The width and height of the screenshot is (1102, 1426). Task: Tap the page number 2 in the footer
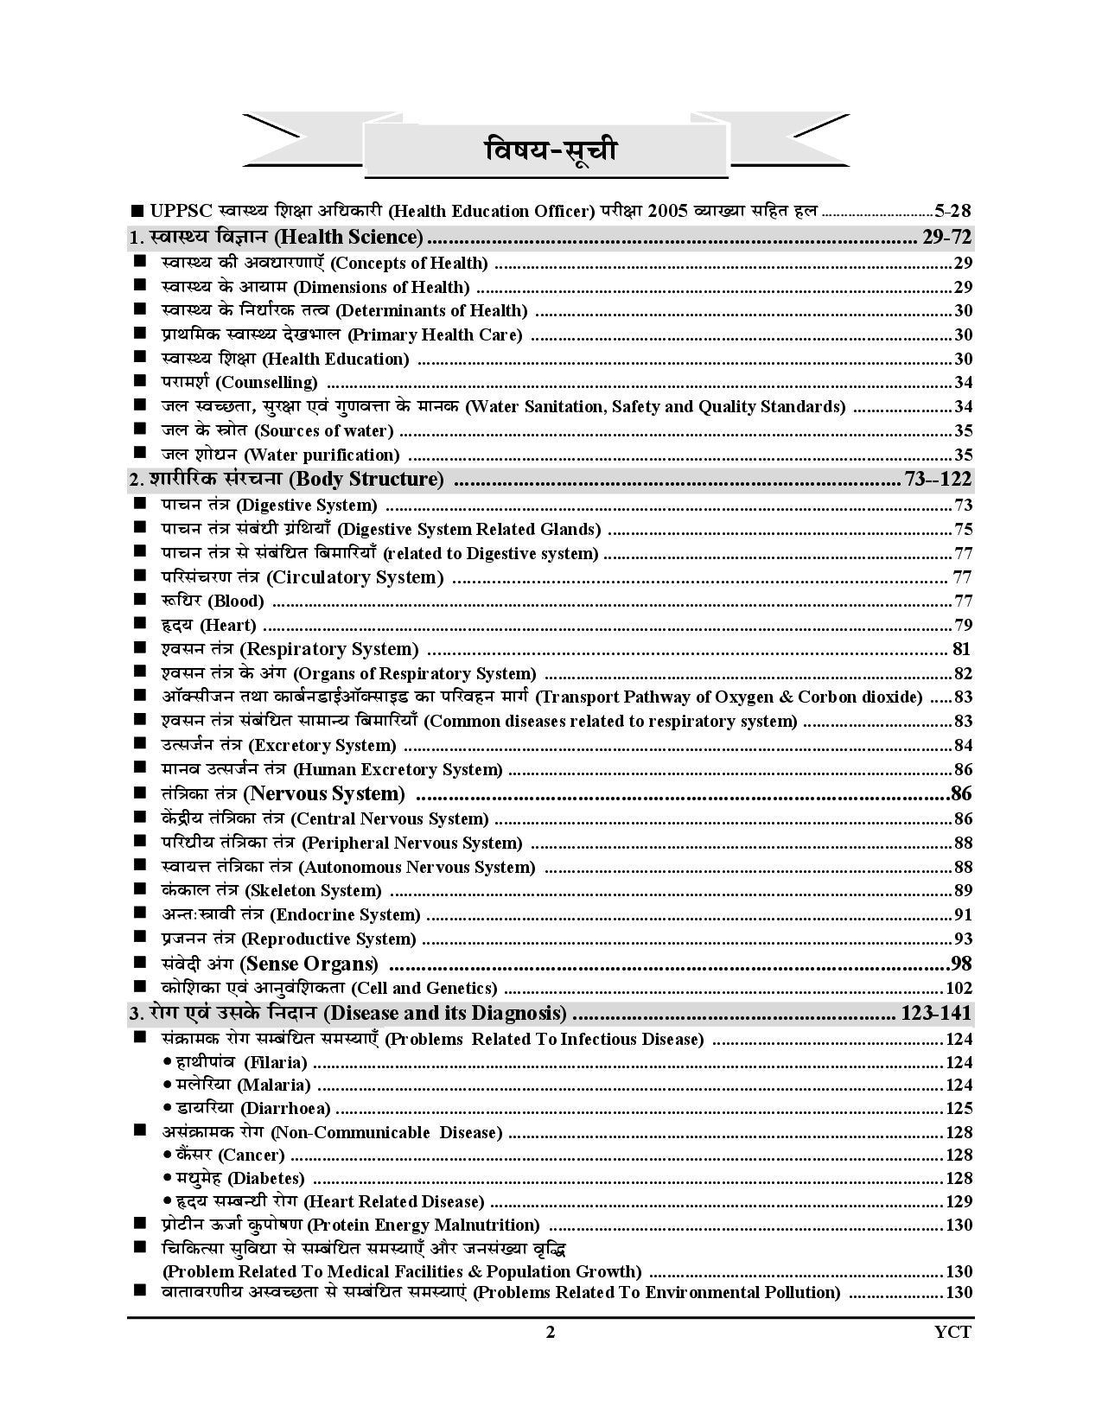click(x=550, y=1332)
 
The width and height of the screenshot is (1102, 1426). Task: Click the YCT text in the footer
click(x=953, y=1332)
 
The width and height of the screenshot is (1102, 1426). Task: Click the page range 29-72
click(x=947, y=237)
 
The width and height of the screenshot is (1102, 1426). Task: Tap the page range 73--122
click(x=937, y=479)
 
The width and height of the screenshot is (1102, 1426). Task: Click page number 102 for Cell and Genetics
click(x=959, y=988)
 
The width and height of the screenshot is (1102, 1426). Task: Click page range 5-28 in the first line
click(x=953, y=210)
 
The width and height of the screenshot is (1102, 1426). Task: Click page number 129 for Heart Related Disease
click(x=959, y=1201)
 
